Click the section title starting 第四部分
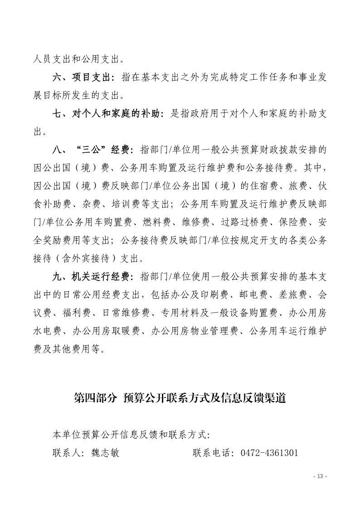(x=180, y=399)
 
